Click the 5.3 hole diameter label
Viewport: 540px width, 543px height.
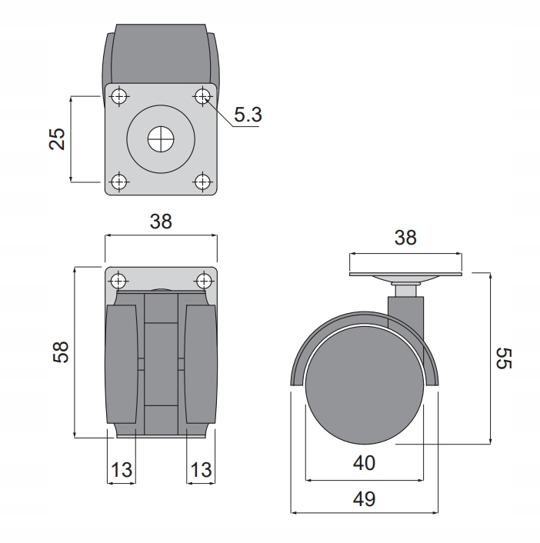coord(248,115)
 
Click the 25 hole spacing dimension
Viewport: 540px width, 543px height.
coord(57,139)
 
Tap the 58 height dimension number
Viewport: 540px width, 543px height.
coord(61,352)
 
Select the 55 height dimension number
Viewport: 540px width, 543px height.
coord(504,358)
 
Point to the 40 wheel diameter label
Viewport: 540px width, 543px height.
coord(364,463)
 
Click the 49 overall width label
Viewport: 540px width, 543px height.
coord(364,499)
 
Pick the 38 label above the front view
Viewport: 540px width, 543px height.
coord(161,222)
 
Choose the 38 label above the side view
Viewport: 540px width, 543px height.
coord(405,238)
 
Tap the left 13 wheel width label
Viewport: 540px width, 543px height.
coord(122,470)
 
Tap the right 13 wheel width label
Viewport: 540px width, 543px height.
coord(201,470)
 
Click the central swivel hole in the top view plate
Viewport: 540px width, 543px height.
coord(161,139)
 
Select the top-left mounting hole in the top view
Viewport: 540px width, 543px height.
coord(118,96)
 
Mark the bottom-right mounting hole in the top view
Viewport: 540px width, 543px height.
coord(202,182)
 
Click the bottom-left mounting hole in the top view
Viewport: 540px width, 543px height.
coord(118,182)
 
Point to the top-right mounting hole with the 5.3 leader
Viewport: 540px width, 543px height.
coord(202,96)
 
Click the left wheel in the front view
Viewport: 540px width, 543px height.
coord(122,364)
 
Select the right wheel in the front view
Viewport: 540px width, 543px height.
coord(201,364)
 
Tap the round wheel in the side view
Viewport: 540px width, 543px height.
coord(365,385)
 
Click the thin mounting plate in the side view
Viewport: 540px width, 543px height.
coord(405,275)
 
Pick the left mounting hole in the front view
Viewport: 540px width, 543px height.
coord(118,281)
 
